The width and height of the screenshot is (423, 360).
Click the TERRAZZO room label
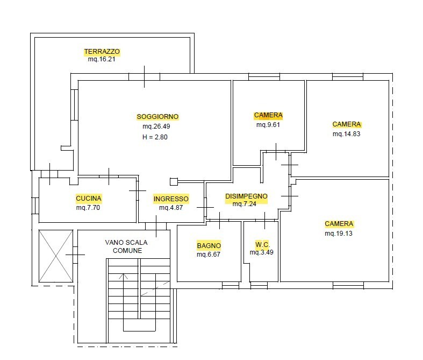(x=102, y=52)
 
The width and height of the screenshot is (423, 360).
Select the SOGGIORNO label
(x=157, y=117)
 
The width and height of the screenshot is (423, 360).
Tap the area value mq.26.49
(x=156, y=126)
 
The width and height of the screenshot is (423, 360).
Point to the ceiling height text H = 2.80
(x=155, y=137)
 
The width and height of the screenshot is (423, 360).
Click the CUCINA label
(x=89, y=199)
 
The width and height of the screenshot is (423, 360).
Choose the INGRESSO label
(x=171, y=199)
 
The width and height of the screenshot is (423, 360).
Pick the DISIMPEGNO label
(x=246, y=196)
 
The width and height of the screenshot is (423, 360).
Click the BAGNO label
(x=209, y=246)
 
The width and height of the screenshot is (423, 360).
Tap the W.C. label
(x=262, y=245)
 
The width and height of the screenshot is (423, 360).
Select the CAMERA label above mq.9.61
(x=268, y=115)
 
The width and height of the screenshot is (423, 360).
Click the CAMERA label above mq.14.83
(x=347, y=124)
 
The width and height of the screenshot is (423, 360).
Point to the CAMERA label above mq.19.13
(x=339, y=224)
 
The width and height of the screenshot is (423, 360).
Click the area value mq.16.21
(x=102, y=59)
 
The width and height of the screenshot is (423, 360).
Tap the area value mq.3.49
(x=261, y=252)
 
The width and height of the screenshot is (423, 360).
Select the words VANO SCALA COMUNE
(x=126, y=246)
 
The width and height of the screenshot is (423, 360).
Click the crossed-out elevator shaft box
(x=56, y=256)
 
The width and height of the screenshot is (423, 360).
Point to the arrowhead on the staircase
(x=123, y=276)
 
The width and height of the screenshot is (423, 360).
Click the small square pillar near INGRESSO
(x=174, y=182)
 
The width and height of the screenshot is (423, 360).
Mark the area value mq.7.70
(x=88, y=208)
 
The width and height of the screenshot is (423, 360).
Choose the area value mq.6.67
(x=208, y=255)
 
